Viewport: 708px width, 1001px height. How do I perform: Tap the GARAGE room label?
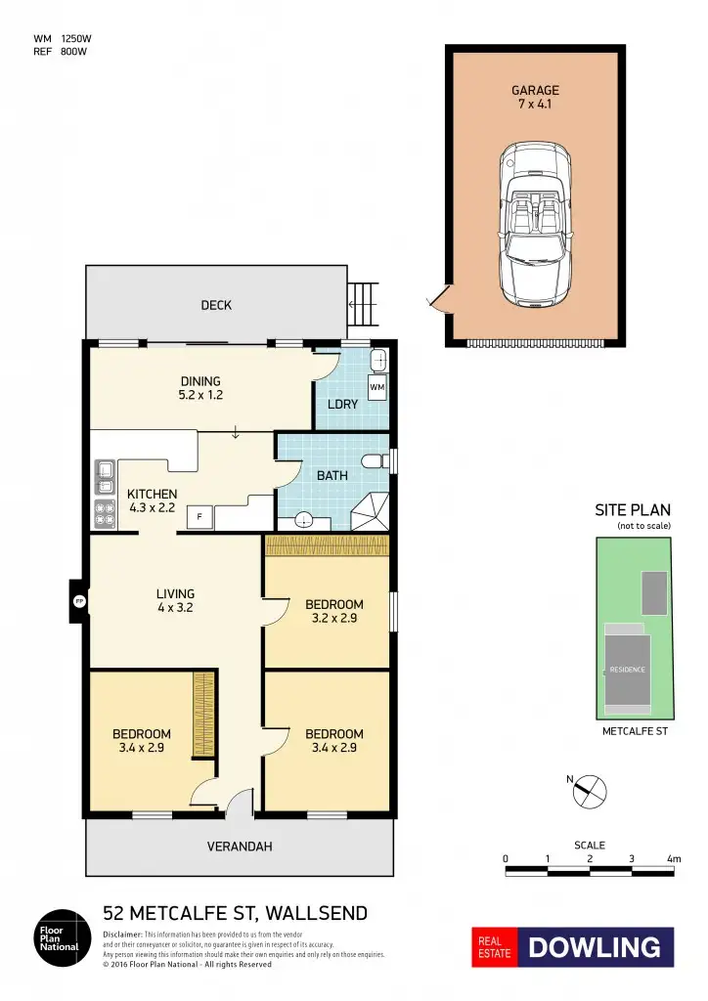coord(535,91)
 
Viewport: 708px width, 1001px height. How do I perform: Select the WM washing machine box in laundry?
coord(377,388)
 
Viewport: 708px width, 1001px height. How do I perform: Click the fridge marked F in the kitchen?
coord(199,515)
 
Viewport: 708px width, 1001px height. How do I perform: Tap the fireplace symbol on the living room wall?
coord(75,601)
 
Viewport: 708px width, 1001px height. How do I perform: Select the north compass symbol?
coord(591,789)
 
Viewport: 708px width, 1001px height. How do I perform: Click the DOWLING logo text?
coord(595,947)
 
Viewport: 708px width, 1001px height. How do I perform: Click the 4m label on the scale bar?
coord(673,859)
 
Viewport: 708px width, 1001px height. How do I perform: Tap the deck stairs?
coord(363,304)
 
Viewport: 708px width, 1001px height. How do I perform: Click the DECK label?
coord(216,305)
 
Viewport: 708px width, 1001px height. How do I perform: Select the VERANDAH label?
coord(240,847)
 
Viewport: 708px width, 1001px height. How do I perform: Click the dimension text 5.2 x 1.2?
coord(199,396)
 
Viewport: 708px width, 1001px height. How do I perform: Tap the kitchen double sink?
coord(103,478)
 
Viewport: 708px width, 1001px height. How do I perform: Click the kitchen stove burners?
coord(103,510)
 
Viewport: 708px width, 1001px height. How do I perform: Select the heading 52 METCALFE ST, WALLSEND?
coord(235,914)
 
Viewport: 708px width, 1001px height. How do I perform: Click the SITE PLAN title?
coord(632,510)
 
